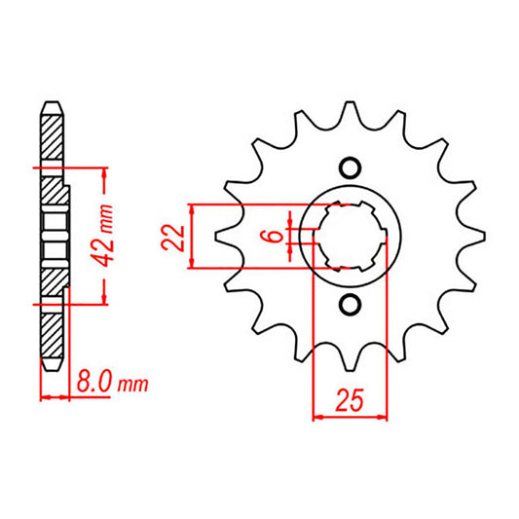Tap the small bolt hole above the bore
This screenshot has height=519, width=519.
pos(351,166)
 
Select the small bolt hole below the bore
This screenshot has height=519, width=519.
pos(351,307)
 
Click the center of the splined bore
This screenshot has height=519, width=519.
pos(351,236)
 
